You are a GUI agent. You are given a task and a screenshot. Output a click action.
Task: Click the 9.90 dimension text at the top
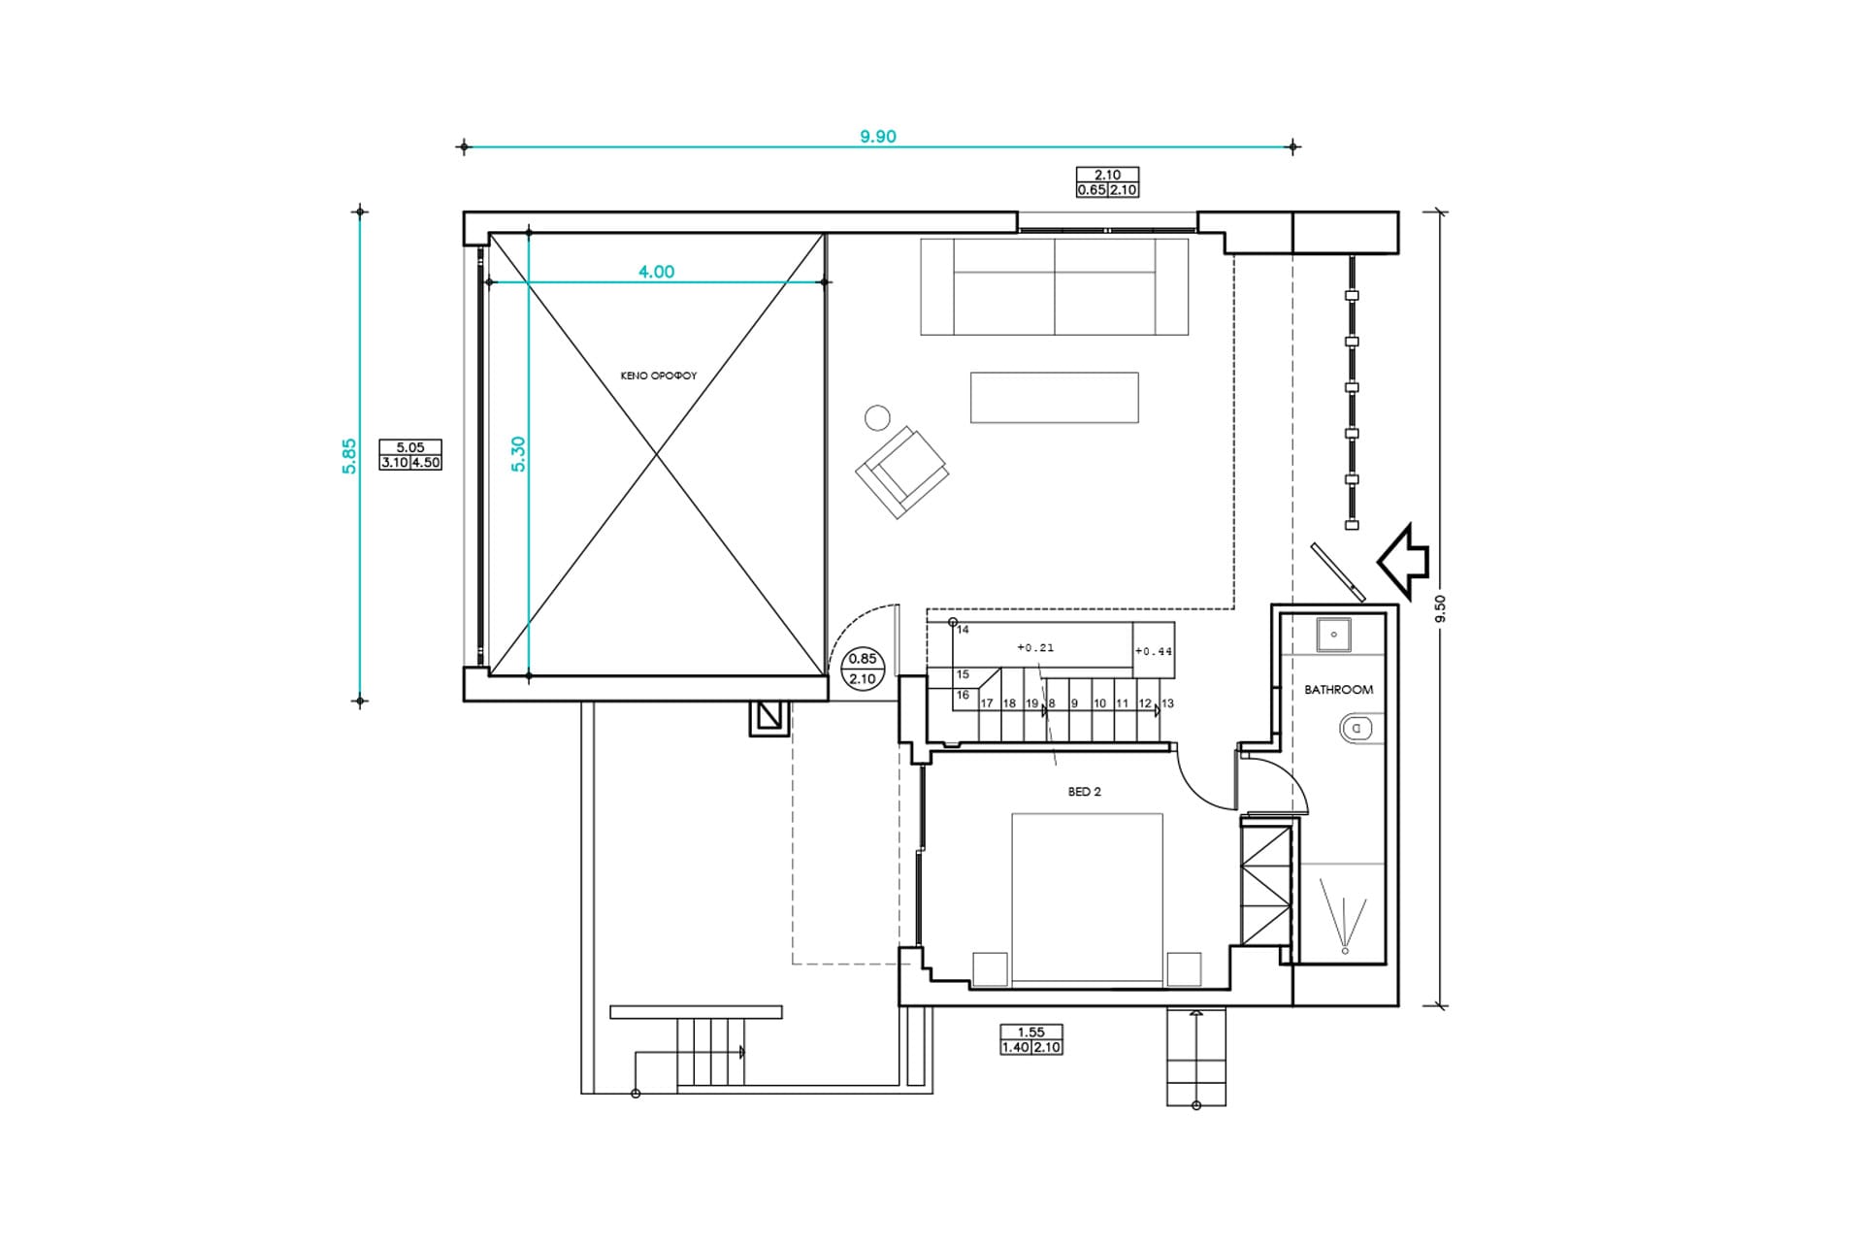878,137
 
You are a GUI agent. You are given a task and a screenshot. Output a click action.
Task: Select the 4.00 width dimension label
656,272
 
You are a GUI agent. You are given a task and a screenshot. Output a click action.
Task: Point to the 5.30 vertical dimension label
518,454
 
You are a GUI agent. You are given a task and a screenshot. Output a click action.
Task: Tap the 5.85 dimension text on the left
349,456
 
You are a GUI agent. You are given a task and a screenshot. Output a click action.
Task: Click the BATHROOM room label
1338,690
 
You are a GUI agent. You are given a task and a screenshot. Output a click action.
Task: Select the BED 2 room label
1085,792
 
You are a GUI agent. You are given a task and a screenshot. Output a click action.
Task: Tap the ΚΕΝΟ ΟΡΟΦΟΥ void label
659,376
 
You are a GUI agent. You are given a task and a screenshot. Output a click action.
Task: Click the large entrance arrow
1403,560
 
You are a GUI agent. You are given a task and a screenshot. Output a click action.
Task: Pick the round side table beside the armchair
877,417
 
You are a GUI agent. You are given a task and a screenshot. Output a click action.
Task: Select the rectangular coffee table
1055,398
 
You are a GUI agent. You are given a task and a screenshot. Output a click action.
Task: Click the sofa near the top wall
1055,286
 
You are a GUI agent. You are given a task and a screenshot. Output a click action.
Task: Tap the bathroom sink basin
1334,635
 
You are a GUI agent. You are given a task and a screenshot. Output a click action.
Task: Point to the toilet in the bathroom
1356,727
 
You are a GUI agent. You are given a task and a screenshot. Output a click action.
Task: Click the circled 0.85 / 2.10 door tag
863,669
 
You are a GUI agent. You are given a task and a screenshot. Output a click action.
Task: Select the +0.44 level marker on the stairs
1154,651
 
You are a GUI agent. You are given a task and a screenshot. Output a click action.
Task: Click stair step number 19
1031,703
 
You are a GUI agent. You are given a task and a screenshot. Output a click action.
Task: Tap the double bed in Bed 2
1087,900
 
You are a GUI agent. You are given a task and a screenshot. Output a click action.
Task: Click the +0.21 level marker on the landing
1035,647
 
